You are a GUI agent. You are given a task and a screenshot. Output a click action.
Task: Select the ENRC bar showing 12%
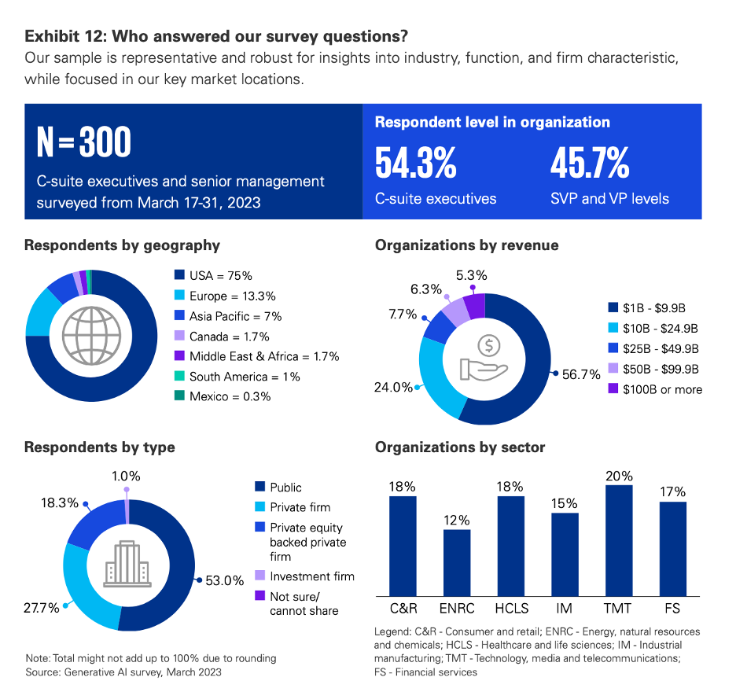click(x=457, y=562)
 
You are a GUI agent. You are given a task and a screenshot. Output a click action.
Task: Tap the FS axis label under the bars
click(x=672, y=608)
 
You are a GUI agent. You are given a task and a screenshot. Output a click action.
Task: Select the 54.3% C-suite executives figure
click(x=415, y=163)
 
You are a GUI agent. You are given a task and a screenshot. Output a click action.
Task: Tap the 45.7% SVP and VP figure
click(x=590, y=163)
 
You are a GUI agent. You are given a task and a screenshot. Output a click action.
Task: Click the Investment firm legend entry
click(x=311, y=576)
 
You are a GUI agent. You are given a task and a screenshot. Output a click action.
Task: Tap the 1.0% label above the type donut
click(x=126, y=476)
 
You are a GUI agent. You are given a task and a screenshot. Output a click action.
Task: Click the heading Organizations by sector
click(x=460, y=447)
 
